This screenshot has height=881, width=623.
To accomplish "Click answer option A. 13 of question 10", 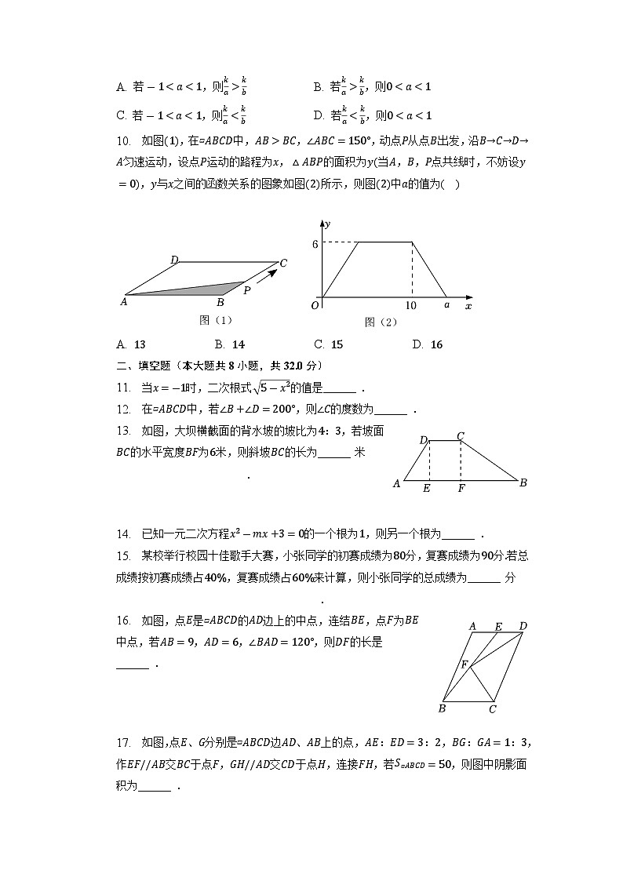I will point(130,344).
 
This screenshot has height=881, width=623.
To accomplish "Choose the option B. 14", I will point(229,344).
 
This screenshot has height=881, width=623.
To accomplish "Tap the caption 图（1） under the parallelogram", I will point(216,320).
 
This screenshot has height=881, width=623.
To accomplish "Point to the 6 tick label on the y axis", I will point(315,244).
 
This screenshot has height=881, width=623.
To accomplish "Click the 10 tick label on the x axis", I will point(411,305).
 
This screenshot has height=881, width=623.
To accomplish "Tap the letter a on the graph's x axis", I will point(446,305).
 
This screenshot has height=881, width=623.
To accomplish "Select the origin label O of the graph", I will point(315,305).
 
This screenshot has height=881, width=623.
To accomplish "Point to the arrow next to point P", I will point(268,276).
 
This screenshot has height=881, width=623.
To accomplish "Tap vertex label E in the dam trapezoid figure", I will point(426,489).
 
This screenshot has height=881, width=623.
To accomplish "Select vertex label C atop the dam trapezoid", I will point(461,435).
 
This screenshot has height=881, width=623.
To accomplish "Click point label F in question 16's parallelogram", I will point(464,665).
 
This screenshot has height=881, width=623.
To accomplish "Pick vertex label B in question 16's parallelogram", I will point(443,708).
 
